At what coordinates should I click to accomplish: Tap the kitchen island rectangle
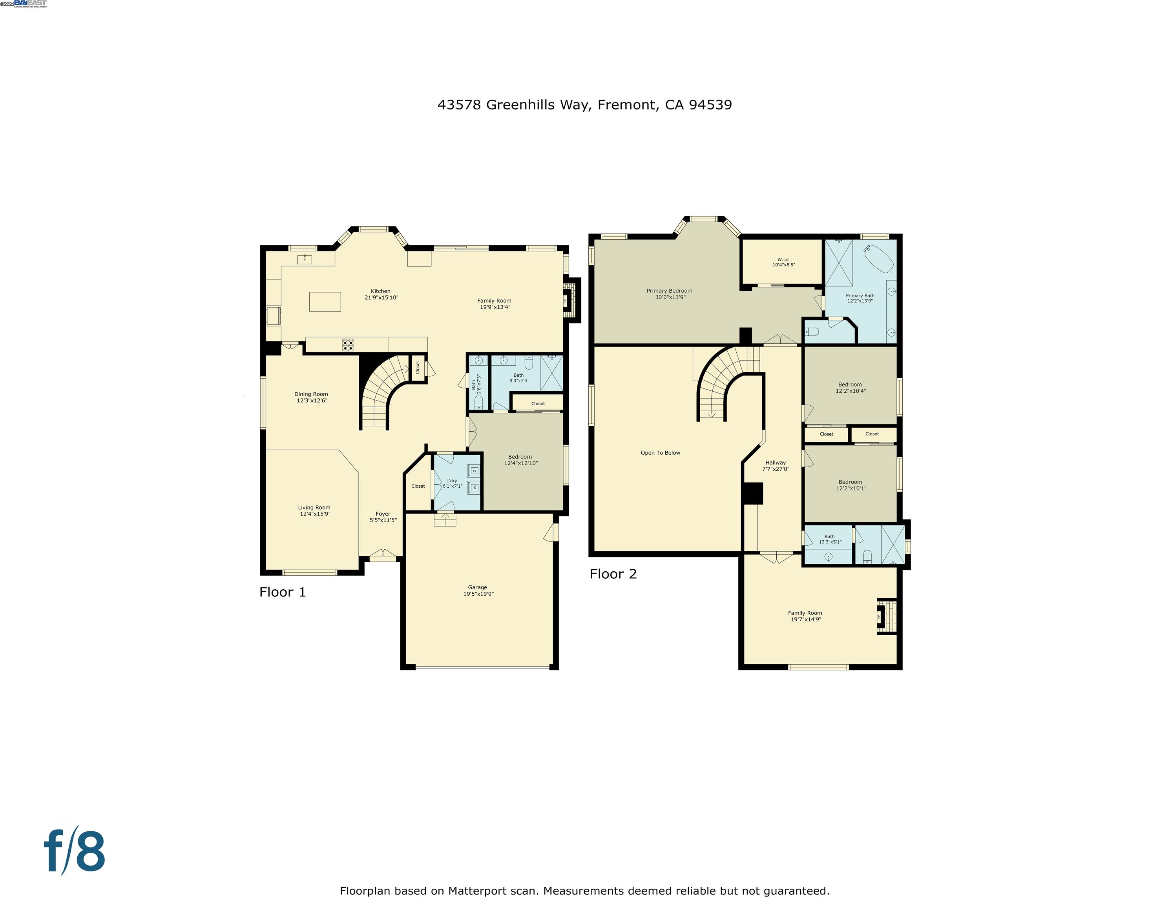coord(325,301)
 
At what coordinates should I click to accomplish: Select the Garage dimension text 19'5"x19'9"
coord(478,594)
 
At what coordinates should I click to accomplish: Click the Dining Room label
coord(311,394)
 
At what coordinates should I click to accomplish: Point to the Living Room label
coord(314,508)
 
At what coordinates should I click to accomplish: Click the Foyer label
coord(383,514)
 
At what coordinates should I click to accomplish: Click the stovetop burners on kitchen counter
coord(348,345)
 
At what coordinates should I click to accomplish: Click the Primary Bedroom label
coord(669,291)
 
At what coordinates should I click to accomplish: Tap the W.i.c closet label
coord(783,260)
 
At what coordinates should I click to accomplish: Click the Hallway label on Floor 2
coord(775,463)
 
